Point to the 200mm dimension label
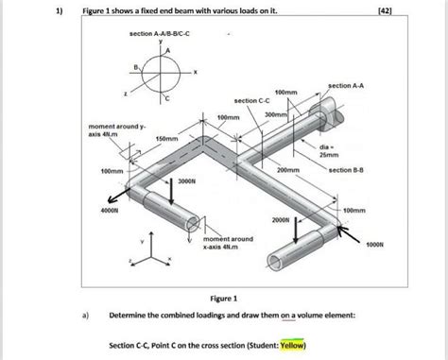(287, 171)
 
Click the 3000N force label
(186, 180)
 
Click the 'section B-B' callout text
(348, 170)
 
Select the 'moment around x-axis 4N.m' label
(227, 244)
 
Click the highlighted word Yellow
(291, 345)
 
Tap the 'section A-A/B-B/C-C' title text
(161, 34)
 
